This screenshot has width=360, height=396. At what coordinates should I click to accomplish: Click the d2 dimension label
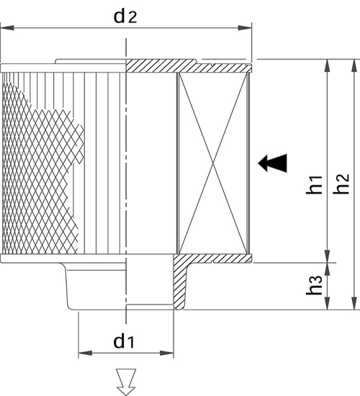125,17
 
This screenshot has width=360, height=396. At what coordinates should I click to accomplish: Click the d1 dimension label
124,341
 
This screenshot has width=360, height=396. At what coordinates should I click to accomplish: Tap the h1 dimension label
314,184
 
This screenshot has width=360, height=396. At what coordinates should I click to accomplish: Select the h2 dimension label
341,184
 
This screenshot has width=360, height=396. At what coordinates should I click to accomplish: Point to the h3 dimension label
314,284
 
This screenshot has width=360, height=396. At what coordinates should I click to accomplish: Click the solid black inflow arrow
272,163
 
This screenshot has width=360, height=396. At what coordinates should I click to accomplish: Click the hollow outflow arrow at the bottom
126,382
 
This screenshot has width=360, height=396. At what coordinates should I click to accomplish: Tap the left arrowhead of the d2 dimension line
7,27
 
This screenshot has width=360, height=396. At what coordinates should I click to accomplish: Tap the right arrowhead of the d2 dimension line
245,27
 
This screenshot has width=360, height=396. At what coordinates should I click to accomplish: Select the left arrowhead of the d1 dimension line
86,353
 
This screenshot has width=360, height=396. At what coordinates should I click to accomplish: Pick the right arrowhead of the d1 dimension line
167,353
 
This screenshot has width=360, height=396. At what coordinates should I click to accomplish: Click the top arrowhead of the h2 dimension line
355,66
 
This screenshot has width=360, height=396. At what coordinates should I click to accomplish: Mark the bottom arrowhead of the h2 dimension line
355,302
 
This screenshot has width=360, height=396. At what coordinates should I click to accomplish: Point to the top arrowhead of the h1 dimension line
327,66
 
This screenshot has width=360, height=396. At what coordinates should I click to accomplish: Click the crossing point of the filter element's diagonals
213,163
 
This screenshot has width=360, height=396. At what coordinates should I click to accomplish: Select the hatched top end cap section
189,66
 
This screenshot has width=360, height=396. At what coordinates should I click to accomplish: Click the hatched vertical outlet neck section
180,285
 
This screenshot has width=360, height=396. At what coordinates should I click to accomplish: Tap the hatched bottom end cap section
212,258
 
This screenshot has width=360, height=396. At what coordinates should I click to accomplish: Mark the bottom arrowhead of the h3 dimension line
327,302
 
